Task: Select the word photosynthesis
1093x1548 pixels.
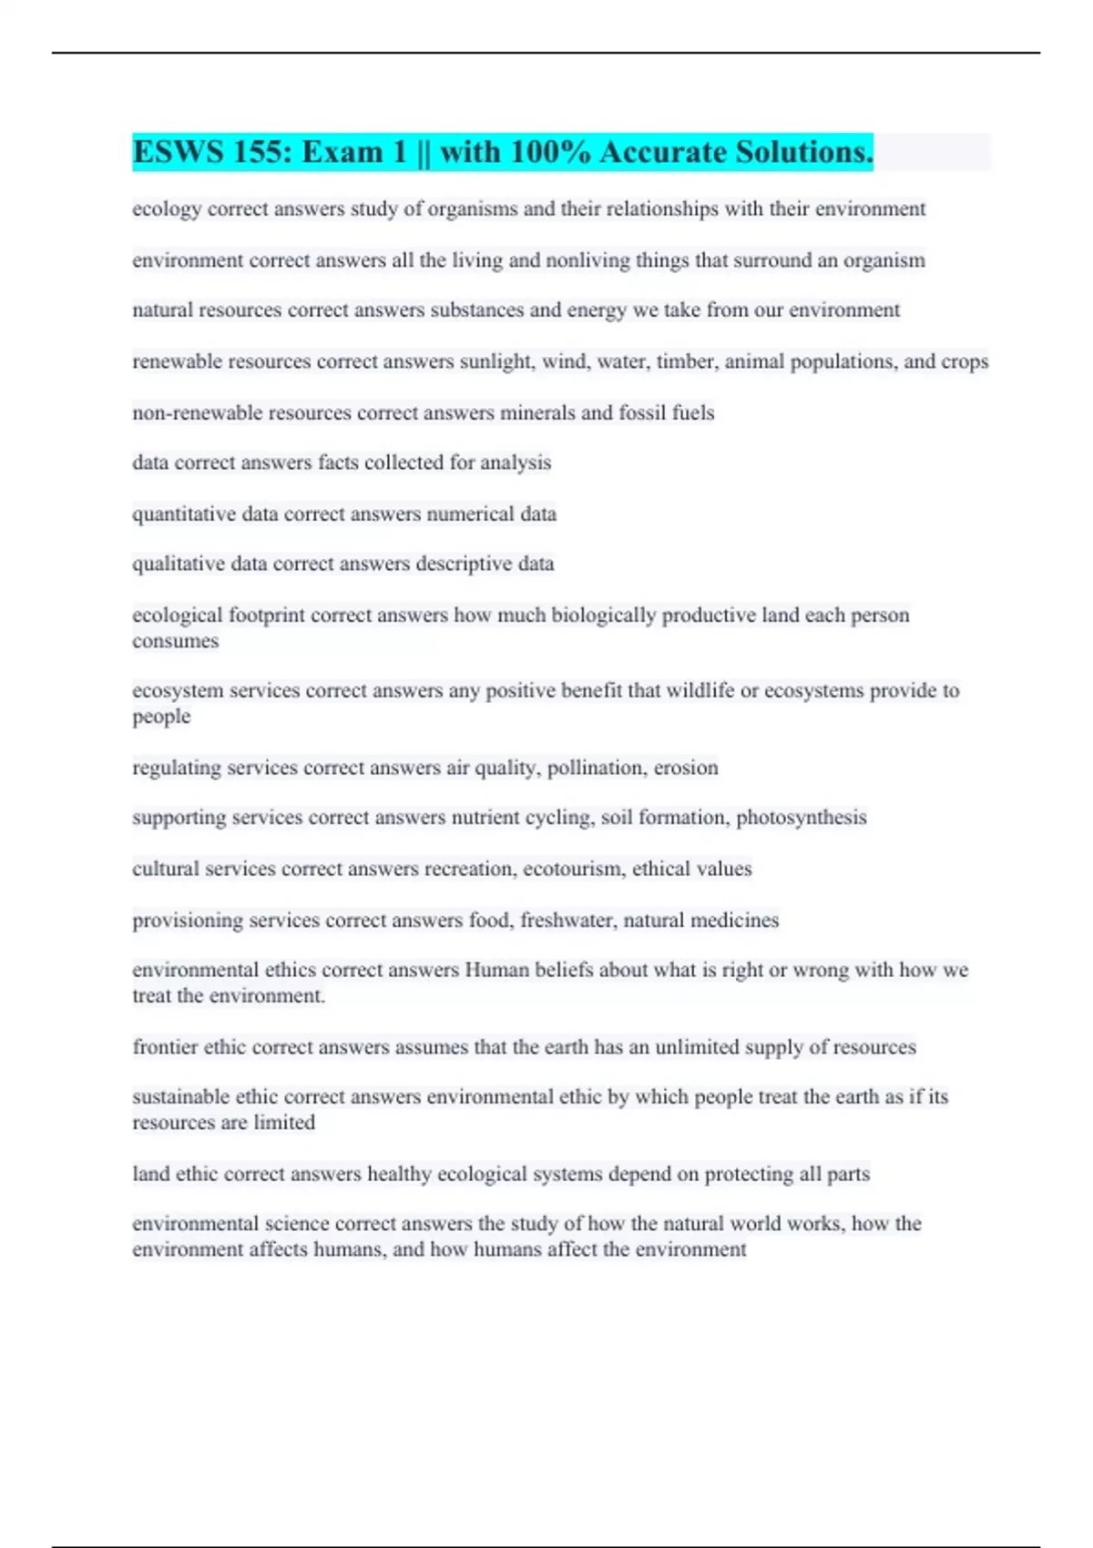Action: tap(801, 818)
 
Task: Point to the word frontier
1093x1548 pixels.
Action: tap(165, 1047)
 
